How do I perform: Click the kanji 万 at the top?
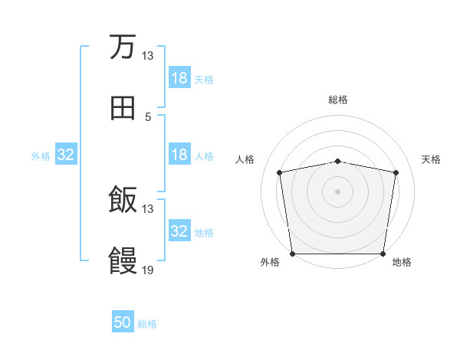pos(123,47)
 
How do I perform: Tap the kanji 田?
pos(123,108)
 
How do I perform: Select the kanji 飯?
pos(123,200)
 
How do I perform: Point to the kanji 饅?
pos(123,261)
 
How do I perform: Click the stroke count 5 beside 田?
pos(148,117)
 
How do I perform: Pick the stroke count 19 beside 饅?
pos(148,270)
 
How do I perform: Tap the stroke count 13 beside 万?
pos(148,56)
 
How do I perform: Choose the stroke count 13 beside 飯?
pos(148,209)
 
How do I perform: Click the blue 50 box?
pos(123,322)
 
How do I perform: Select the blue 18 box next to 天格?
pos(179,78)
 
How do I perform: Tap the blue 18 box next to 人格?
pos(179,155)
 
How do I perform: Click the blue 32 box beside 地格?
pos(179,231)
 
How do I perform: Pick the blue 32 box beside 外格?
pos(66,155)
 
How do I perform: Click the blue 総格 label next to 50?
pos(147,324)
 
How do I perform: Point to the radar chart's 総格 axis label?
pos(338,100)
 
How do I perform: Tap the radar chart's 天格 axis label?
pos(431,159)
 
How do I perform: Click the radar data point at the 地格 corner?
pos(383,254)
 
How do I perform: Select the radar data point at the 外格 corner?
pos(293,254)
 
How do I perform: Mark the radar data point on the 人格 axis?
pos(280,172)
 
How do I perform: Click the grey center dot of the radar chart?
pos(338,191)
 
